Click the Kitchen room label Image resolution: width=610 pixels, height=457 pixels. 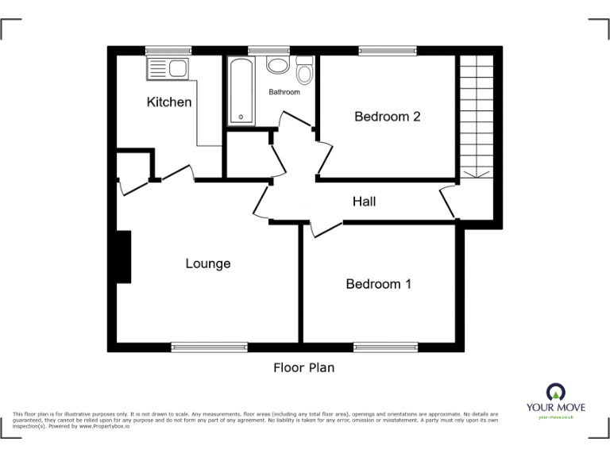click(168, 102)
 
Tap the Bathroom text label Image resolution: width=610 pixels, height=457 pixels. click(284, 92)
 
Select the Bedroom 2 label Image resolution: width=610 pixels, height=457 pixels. click(387, 117)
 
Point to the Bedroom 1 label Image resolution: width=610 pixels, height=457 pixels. click(378, 283)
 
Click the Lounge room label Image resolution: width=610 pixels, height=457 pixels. click(208, 263)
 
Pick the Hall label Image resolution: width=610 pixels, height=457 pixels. click(364, 202)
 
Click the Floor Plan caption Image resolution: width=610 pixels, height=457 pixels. click(304, 367)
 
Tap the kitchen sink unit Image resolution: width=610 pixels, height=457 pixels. click(166, 68)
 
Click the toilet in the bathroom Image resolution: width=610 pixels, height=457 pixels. click(303, 73)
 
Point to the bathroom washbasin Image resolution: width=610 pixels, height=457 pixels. click(277, 66)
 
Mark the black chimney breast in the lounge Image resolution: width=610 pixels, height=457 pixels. click(123, 256)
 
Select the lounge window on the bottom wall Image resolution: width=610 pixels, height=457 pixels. click(209, 347)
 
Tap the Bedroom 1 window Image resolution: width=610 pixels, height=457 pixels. click(385, 347)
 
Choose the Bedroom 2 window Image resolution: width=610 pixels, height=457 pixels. click(387, 51)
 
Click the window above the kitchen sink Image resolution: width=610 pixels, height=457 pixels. click(168, 51)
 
